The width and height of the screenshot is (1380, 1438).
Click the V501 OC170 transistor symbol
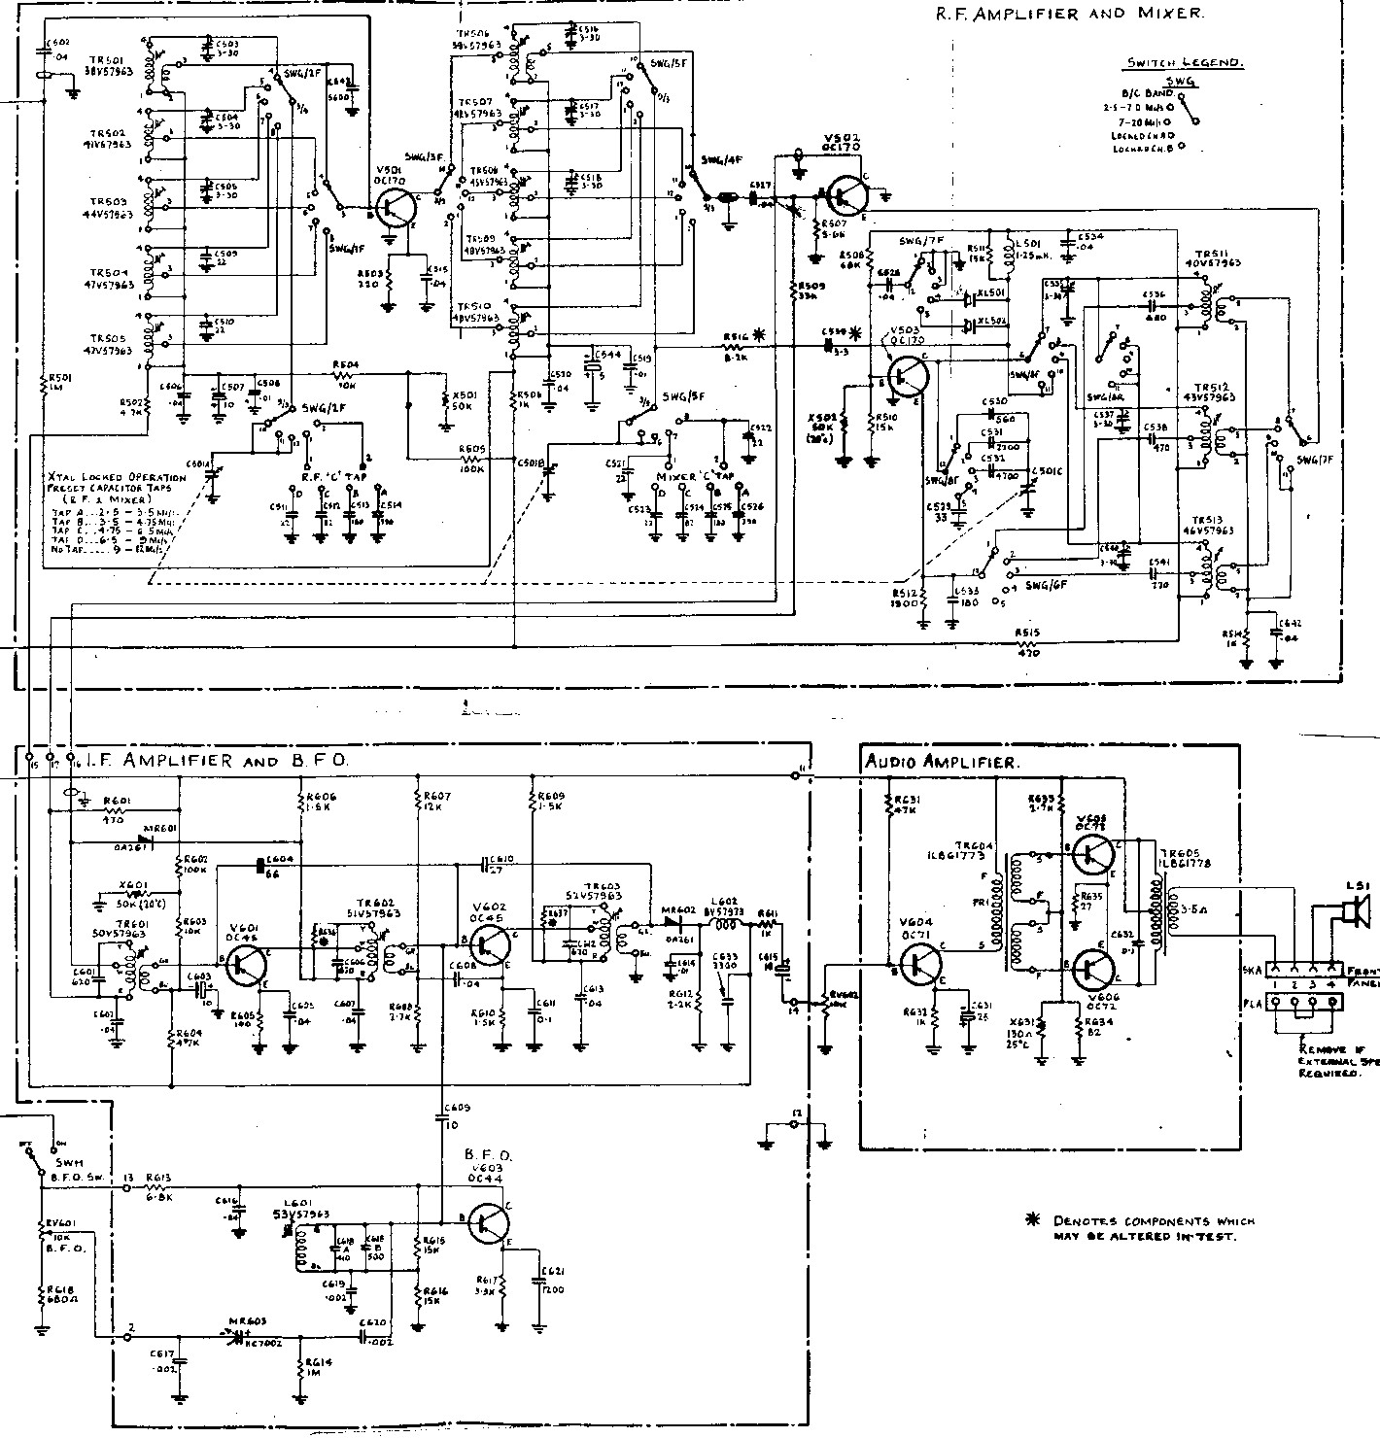tap(395, 207)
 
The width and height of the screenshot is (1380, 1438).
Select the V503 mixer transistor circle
tap(910, 375)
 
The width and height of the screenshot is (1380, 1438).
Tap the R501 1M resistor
tap(46, 387)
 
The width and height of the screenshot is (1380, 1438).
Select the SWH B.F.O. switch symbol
tap(38, 1158)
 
